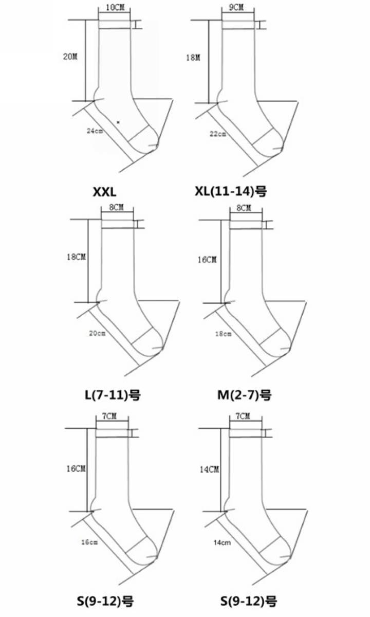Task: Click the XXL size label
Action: pyautogui.click(x=105, y=192)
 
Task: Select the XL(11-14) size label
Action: pyautogui.click(x=231, y=191)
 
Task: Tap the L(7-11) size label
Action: pyautogui.click(x=113, y=395)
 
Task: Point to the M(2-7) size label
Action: pyautogui.click(x=245, y=395)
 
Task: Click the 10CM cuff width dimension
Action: pyautogui.click(x=115, y=7)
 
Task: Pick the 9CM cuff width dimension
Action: pyautogui.click(x=236, y=7)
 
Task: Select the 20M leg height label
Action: pyautogui.click(x=70, y=57)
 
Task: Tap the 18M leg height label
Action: pyautogui.click(x=193, y=58)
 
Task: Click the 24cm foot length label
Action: pyautogui.click(x=95, y=131)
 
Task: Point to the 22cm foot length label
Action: pyautogui.click(x=218, y=134)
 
